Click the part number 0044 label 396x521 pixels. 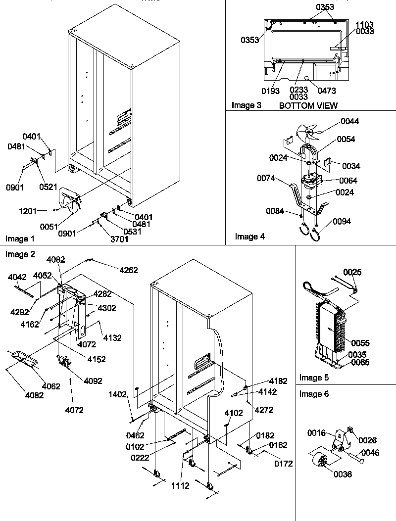click(350, 122)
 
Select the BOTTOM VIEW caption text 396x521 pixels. click(308, 105)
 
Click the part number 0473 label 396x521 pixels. click(327, 91)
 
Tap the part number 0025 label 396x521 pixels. click(352, 272)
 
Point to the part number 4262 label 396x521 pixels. click(128, 270)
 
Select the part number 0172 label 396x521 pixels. click(283, 464)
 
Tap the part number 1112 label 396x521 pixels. click(180, 486)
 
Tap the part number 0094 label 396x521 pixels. click(342, 221)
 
